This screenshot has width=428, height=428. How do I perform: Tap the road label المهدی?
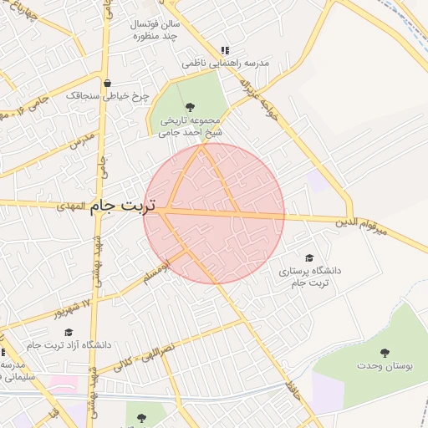[x=73, y=206]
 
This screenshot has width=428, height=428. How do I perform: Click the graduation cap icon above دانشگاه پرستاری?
[x=309, y=258]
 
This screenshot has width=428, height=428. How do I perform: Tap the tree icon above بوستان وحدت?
[x=385, y=353]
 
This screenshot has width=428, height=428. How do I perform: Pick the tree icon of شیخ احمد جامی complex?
[x=190, y=106]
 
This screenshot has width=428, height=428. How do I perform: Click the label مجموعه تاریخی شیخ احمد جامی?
[x=191, y=125]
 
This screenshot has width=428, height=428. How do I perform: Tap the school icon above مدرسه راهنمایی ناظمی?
[x=223, y=49]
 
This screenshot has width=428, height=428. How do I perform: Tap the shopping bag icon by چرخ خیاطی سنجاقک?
[x=108, y=83]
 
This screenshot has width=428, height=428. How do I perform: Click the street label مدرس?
[x=78, y=143]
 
